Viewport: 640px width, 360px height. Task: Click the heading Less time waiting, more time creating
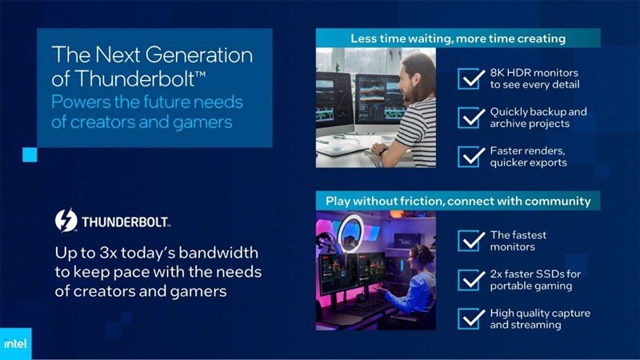458,38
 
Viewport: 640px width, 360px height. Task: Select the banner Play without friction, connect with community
458,200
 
